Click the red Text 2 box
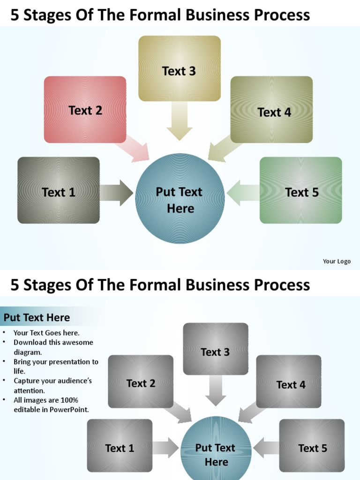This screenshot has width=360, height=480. pyautogui.click(x=85, y=110)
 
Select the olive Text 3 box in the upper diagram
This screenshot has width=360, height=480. pyautogui.click(x=179, y=68)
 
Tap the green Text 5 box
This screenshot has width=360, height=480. pyautogui.click(x=300, y=190)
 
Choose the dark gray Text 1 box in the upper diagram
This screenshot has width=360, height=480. pyautogui.click(x=59, y=190)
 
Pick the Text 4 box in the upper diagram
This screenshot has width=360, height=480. pyautogui.click(x=271, y=110)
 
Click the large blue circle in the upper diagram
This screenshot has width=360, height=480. pyautogui.click(x=180, y=199)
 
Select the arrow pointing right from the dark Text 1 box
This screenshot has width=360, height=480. pyautogui.click(x=116, y=192)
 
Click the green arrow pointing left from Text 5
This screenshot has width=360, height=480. pyautogui.click(x=243, y=192)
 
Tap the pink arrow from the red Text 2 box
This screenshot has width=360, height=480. pyautogui.click(x=133, y=151)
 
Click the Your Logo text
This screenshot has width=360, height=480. pyautogui.click(x=337, y=262)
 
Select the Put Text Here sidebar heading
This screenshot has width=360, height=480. pyautogui.click(x=37, y=317)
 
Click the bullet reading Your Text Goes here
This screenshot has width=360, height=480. pyautogui.click(x=46, y=333)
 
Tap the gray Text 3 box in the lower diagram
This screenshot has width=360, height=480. pyautogui.click(x=215, y=349)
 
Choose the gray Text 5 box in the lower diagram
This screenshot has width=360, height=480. pyautogui.click(x=312, y=445)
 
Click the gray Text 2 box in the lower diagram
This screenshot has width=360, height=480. pyautogui.click(x=141, y=382)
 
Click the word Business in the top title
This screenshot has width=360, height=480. pyautogui.click(x=218, y=15)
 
